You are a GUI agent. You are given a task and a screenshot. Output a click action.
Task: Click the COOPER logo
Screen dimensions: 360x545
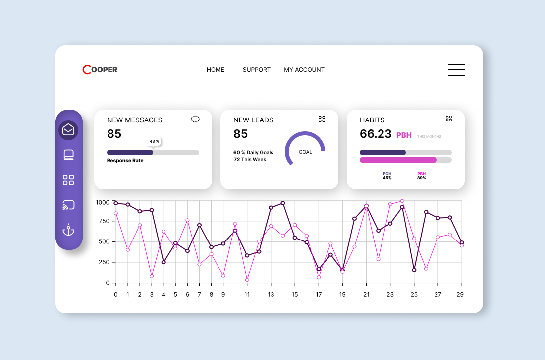(x=100, y=70)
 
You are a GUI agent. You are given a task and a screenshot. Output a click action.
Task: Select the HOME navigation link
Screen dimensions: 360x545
(x=216, y=70)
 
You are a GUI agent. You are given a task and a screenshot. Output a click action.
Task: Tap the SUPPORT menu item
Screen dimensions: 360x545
(x=257, y=70)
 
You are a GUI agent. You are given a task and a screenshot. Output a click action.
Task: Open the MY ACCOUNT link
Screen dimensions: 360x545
(x=304, y=70)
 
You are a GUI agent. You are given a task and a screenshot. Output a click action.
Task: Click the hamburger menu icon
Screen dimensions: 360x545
(x=456, y=70)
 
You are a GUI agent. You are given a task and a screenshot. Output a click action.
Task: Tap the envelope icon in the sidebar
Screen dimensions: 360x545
(x=68, y=130)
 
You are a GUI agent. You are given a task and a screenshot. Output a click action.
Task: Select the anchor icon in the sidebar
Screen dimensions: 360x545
(x=68, y=230)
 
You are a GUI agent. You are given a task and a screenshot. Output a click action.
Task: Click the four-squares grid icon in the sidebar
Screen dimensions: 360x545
(x=68, y=180)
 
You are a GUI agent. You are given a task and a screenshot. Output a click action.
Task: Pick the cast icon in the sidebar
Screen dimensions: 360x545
(x=68, y=205)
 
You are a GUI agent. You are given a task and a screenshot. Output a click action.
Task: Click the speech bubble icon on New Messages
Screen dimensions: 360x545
(x=195, y=119)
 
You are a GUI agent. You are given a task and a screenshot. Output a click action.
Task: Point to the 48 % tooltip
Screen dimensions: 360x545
(x=154, y=141)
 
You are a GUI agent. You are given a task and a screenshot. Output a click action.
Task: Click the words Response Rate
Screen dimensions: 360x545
(x=125, y=161)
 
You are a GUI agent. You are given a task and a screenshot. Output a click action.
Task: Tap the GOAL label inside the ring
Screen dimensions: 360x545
(x=305, y=152)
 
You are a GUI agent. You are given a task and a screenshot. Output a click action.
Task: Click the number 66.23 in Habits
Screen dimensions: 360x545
(x=376, y=134)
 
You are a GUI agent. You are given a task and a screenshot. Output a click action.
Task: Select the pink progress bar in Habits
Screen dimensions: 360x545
(x=398, y=160)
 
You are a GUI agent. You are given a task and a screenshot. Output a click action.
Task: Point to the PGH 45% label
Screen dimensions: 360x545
(x=387, y=176)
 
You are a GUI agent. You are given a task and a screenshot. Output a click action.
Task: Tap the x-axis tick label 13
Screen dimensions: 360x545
(x=271, y=294)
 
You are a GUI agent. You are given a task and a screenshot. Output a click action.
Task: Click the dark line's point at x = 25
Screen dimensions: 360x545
(x=414, y=270)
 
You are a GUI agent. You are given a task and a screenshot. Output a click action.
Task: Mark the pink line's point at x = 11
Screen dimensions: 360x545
(x=247, y=280)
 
